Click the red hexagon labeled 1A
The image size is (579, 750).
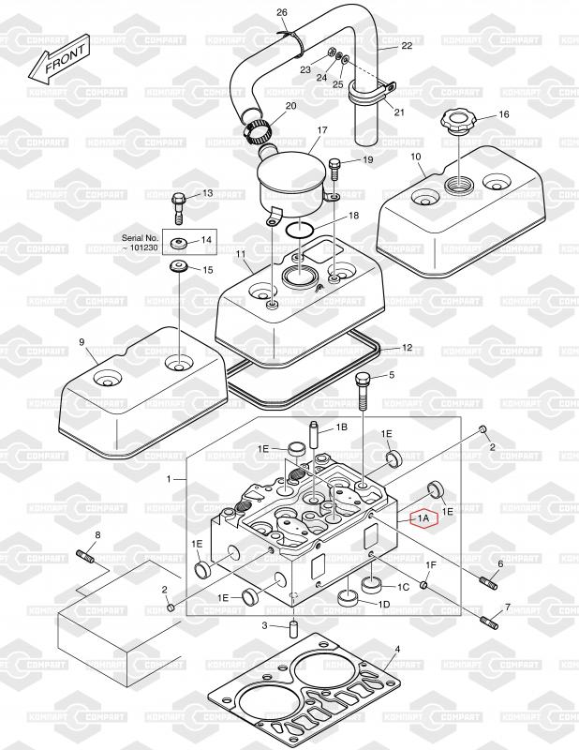click(x=423, y=517)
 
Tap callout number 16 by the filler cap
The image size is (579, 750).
click(x=502, y=114)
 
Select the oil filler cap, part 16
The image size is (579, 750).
click(x=456, y=123)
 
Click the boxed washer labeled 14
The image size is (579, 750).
click(x=177, y=244)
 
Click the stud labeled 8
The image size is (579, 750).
click(x=87, y=556)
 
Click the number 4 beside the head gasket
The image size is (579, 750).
click(x=397, y=649)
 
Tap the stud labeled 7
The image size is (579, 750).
click(x=492, y=621)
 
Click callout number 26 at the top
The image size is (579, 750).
click(x=281, y=12)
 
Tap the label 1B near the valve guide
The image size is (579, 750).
click(x=341, y=427)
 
